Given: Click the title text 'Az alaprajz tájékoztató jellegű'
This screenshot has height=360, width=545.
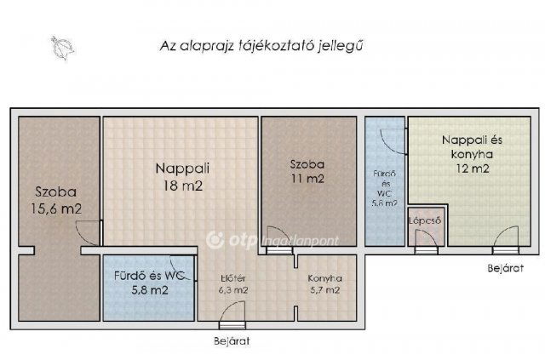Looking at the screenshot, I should pyautogui.click(x=267, y=44).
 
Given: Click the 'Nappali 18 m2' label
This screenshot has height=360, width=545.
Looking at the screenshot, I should pyautogui.click(x=181, y=177).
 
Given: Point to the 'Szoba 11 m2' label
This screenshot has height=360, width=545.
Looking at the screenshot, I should pyautogui.click(x=307, y=171).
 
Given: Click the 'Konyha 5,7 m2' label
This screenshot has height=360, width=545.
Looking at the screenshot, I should pyautogui.click(x=324, y=283).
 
